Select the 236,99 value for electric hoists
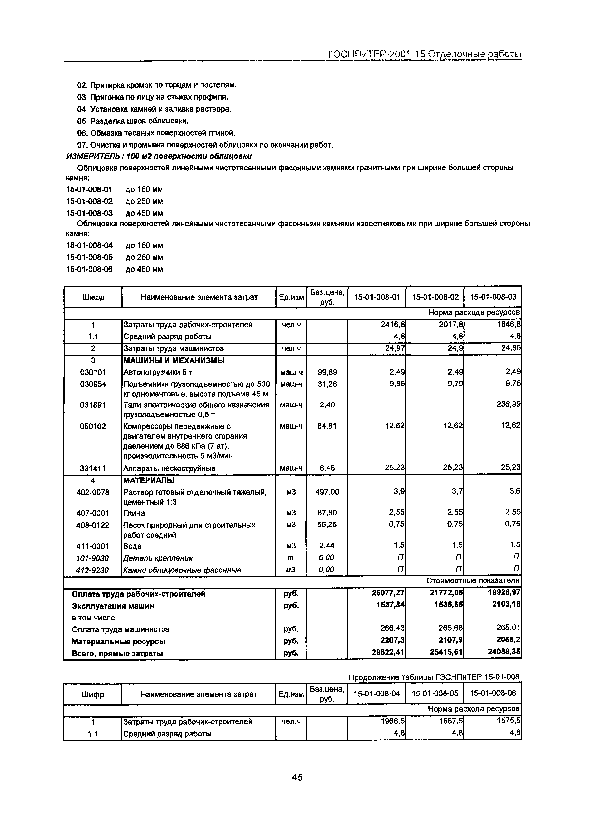pyautogui.click(x=509, y=404)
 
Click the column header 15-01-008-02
pyautogui.click(x=435, y=297)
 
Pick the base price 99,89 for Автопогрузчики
pyautogui.click(x=327, y=372)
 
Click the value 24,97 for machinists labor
pyautogui.click(x=395, y=348)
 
